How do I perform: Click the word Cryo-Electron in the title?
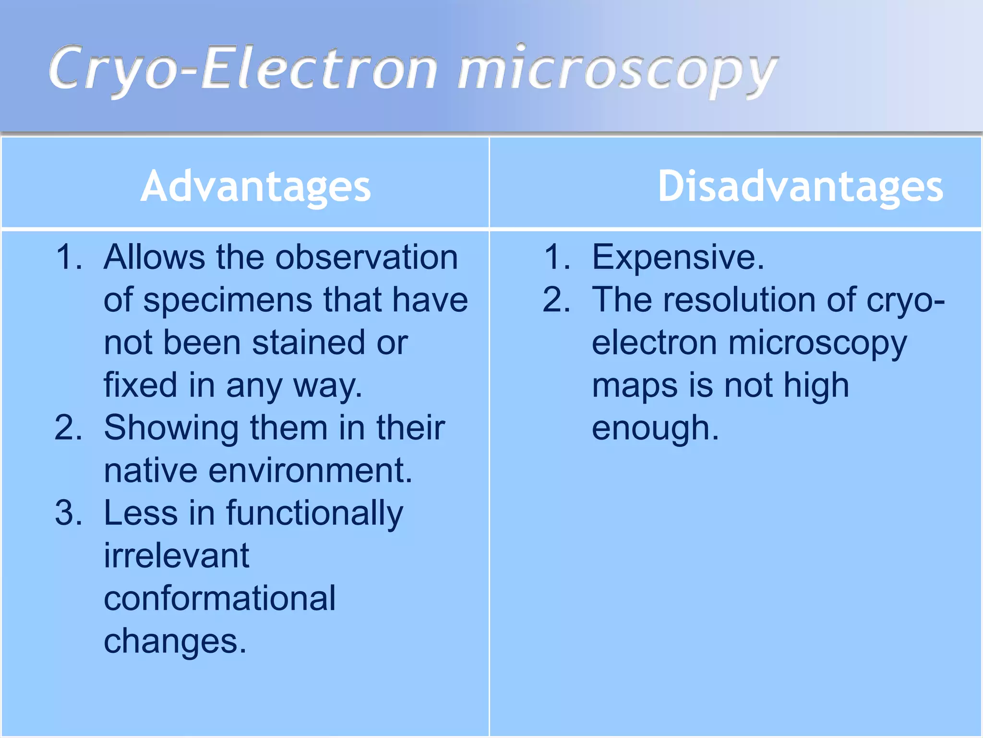(x=242, y=69)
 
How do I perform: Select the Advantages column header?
(x=255, y=186)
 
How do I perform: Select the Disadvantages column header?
(x=800, y=186)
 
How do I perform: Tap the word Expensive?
(x=677, y=258)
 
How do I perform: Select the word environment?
(x=310, y=470)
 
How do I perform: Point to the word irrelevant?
(x=176, y=556)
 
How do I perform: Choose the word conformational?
(x=219, y=599)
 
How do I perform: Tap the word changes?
(x=175, y=641)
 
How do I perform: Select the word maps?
(x=634, y=385)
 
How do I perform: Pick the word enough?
(x=655, y=429)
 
